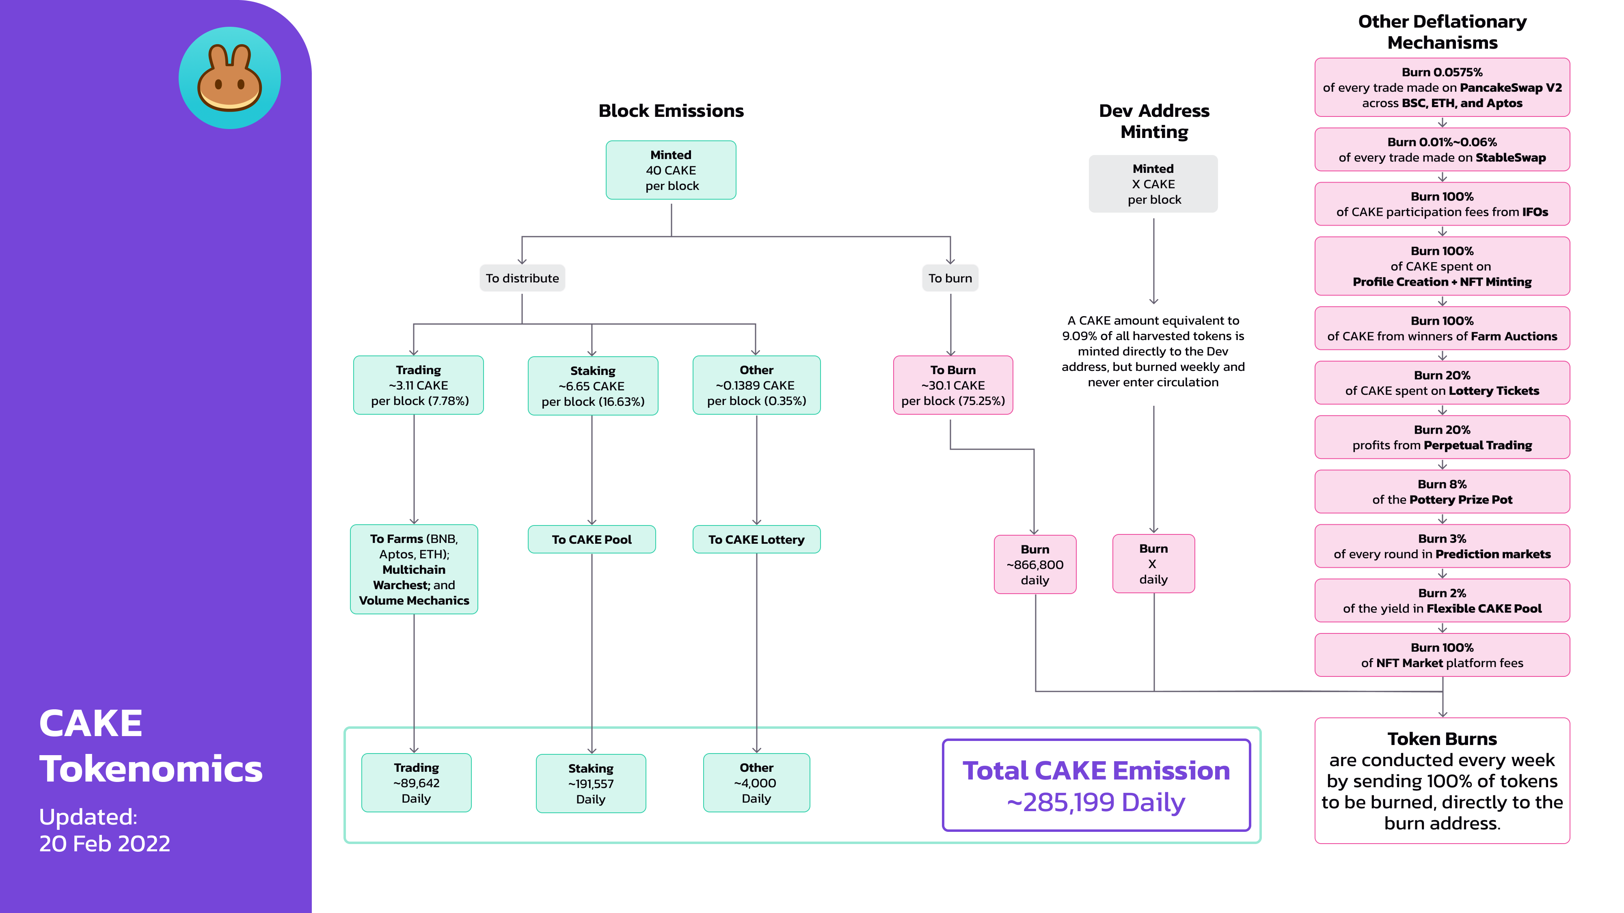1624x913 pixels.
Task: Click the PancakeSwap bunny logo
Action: (x=229, y=78)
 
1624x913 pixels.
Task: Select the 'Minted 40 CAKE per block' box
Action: (x=671, y=170)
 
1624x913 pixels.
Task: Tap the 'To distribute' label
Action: (x=522, y=278)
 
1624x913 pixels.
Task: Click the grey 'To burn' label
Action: (x=950, y=278)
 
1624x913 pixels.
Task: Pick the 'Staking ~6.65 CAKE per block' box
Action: (x=593, y=385)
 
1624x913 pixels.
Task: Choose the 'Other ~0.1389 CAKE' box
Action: (x=756, y=385)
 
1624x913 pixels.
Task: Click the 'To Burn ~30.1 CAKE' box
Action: (x=952, y=385)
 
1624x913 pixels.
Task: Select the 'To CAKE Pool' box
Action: (x=592, y=539)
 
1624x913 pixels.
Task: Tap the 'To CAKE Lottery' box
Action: (x=756, y=539)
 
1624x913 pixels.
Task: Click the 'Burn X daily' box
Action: (x=1153, y=564)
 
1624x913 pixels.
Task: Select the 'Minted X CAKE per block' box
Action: (x=1153, y=184)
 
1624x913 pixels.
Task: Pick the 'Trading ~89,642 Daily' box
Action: (x=416, y=783)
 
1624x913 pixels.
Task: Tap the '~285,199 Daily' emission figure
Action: (x=1096, y=802)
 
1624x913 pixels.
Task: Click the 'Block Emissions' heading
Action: (x=671, y=111)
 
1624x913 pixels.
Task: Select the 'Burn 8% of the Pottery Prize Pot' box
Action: (x=1442, y=491)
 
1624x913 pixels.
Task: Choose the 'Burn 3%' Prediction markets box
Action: (x=1442, y=546)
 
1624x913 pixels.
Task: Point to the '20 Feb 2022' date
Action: (x=105, y=843)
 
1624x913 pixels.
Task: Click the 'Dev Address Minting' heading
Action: (x=1154, y=121)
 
